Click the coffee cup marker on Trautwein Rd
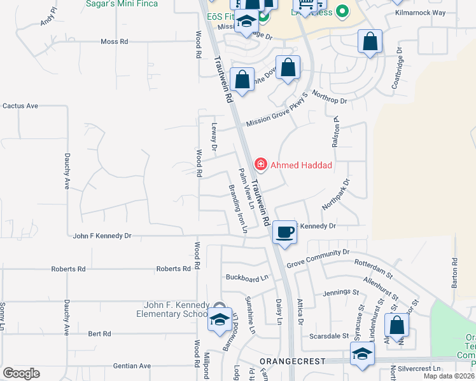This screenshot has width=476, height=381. [284, 232]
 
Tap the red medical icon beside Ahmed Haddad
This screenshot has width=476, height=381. [260, 164]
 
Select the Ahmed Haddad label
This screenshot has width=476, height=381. [301, 165]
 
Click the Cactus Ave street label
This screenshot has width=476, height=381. [20, 105]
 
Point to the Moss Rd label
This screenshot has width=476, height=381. [115, 41]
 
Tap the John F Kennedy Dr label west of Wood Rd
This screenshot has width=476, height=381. [102, 236]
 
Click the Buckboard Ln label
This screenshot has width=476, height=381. [248, 277]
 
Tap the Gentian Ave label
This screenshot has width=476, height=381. [132, 366]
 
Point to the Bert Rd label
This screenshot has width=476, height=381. [99, 333]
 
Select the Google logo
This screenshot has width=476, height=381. [21, 373]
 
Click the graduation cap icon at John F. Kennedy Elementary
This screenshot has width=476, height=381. [220, 319]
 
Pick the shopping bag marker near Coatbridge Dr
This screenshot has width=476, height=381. [370, 43]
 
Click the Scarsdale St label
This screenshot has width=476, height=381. [329, 335]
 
